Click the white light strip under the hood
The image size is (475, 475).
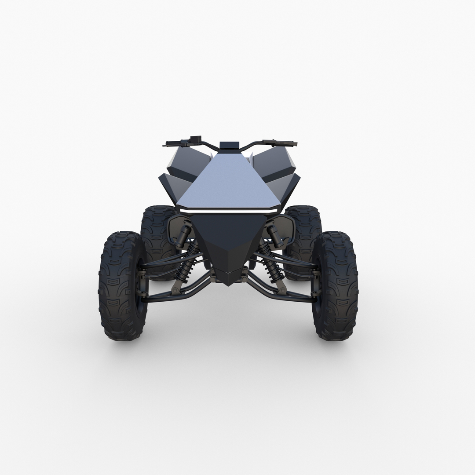pos(229,212)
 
